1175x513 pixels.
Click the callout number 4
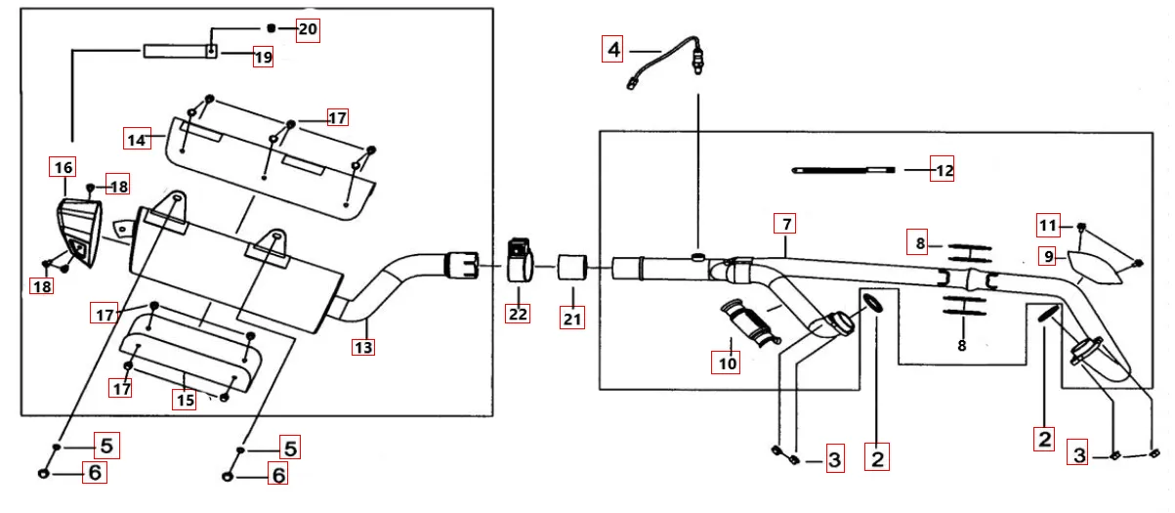[x=612, y=48]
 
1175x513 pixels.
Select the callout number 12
[x=942, y=170]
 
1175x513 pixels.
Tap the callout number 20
[x=308, y=29]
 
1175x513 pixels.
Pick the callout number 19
[x=262, y=57]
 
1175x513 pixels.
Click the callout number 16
[x=63, y=167]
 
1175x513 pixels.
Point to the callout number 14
[x=137, y=139]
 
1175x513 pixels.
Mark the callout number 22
[x=518, y=313]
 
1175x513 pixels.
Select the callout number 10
[x=727, y=363]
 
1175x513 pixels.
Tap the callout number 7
[x=785, y=223]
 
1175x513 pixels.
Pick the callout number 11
[x=1048, y=227]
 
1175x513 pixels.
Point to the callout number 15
[x=186, y=399]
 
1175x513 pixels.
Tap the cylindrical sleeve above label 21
[x=571, y=266]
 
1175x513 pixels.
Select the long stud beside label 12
[x=842, y=170]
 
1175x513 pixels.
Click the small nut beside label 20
[x=273, y=27]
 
